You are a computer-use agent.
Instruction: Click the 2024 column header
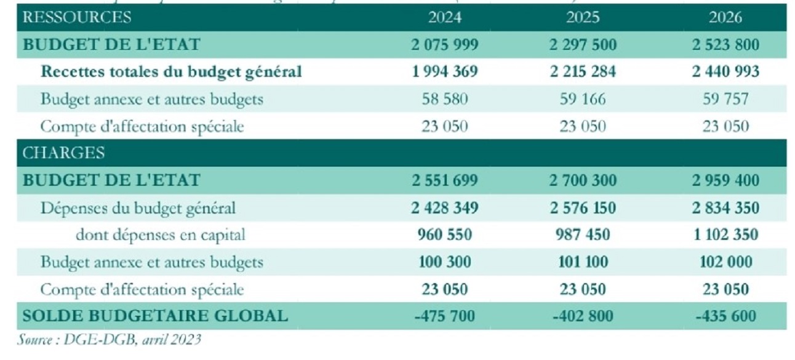pos(445,17)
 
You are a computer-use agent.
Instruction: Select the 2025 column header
pos(583,17)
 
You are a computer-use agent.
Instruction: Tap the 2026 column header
pos(725,17)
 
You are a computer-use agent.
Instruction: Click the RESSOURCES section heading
pos(77,17)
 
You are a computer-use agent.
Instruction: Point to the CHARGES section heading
pos(63,153)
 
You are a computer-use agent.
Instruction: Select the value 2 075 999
pos(445,44)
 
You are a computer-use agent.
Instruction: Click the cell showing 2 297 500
pos(583,44)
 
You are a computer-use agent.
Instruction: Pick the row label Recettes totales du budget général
pos(171,71)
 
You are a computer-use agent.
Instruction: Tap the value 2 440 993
pos(725,71)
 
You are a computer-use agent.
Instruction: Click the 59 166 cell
pos(583,98)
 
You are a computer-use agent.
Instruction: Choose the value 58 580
pos(445,98)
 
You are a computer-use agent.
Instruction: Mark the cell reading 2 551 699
pos(445,180)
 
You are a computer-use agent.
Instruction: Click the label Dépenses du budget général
pos(138,207)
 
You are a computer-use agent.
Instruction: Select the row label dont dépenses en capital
pos(161,234)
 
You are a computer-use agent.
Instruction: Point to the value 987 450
pos(583,234)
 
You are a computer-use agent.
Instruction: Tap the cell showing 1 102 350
pos(725,234)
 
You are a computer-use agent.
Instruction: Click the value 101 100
pos(583,262)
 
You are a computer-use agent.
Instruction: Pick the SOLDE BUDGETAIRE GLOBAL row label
pos(154,316)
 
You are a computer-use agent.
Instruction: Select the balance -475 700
pos(445,316)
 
